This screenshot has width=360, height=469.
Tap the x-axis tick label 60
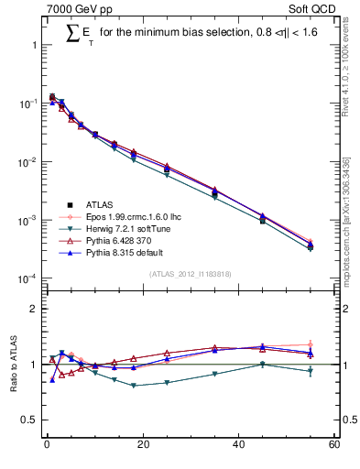point(334,446)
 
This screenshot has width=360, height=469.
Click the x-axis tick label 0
point(46,446)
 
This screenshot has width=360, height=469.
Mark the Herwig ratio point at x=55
point(310,371)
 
